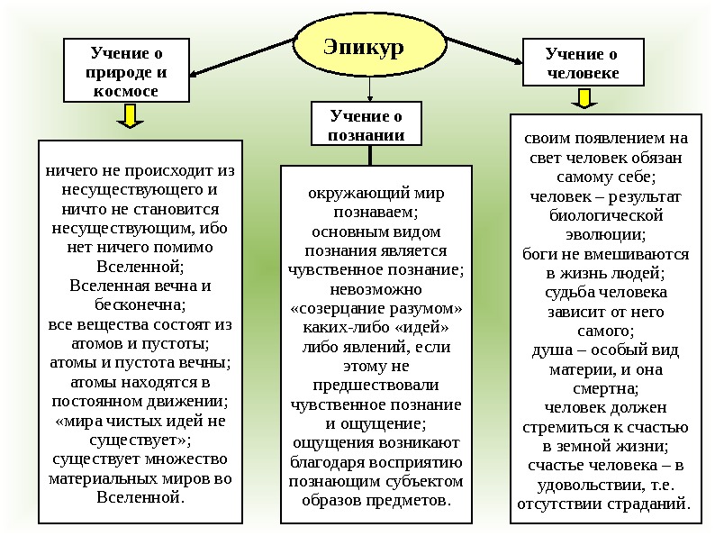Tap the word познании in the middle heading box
pos(367,135)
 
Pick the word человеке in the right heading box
pos(584,74)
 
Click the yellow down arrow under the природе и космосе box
pos(130,116)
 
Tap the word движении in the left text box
pos(178,401)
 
